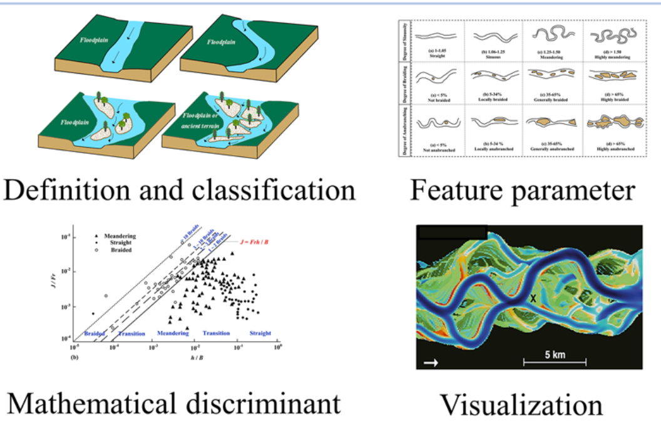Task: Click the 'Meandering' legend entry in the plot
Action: point(116,236)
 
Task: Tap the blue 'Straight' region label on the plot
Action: point(260,334)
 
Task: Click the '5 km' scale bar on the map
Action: point(554,357)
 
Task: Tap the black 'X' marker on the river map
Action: point(533,298)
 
